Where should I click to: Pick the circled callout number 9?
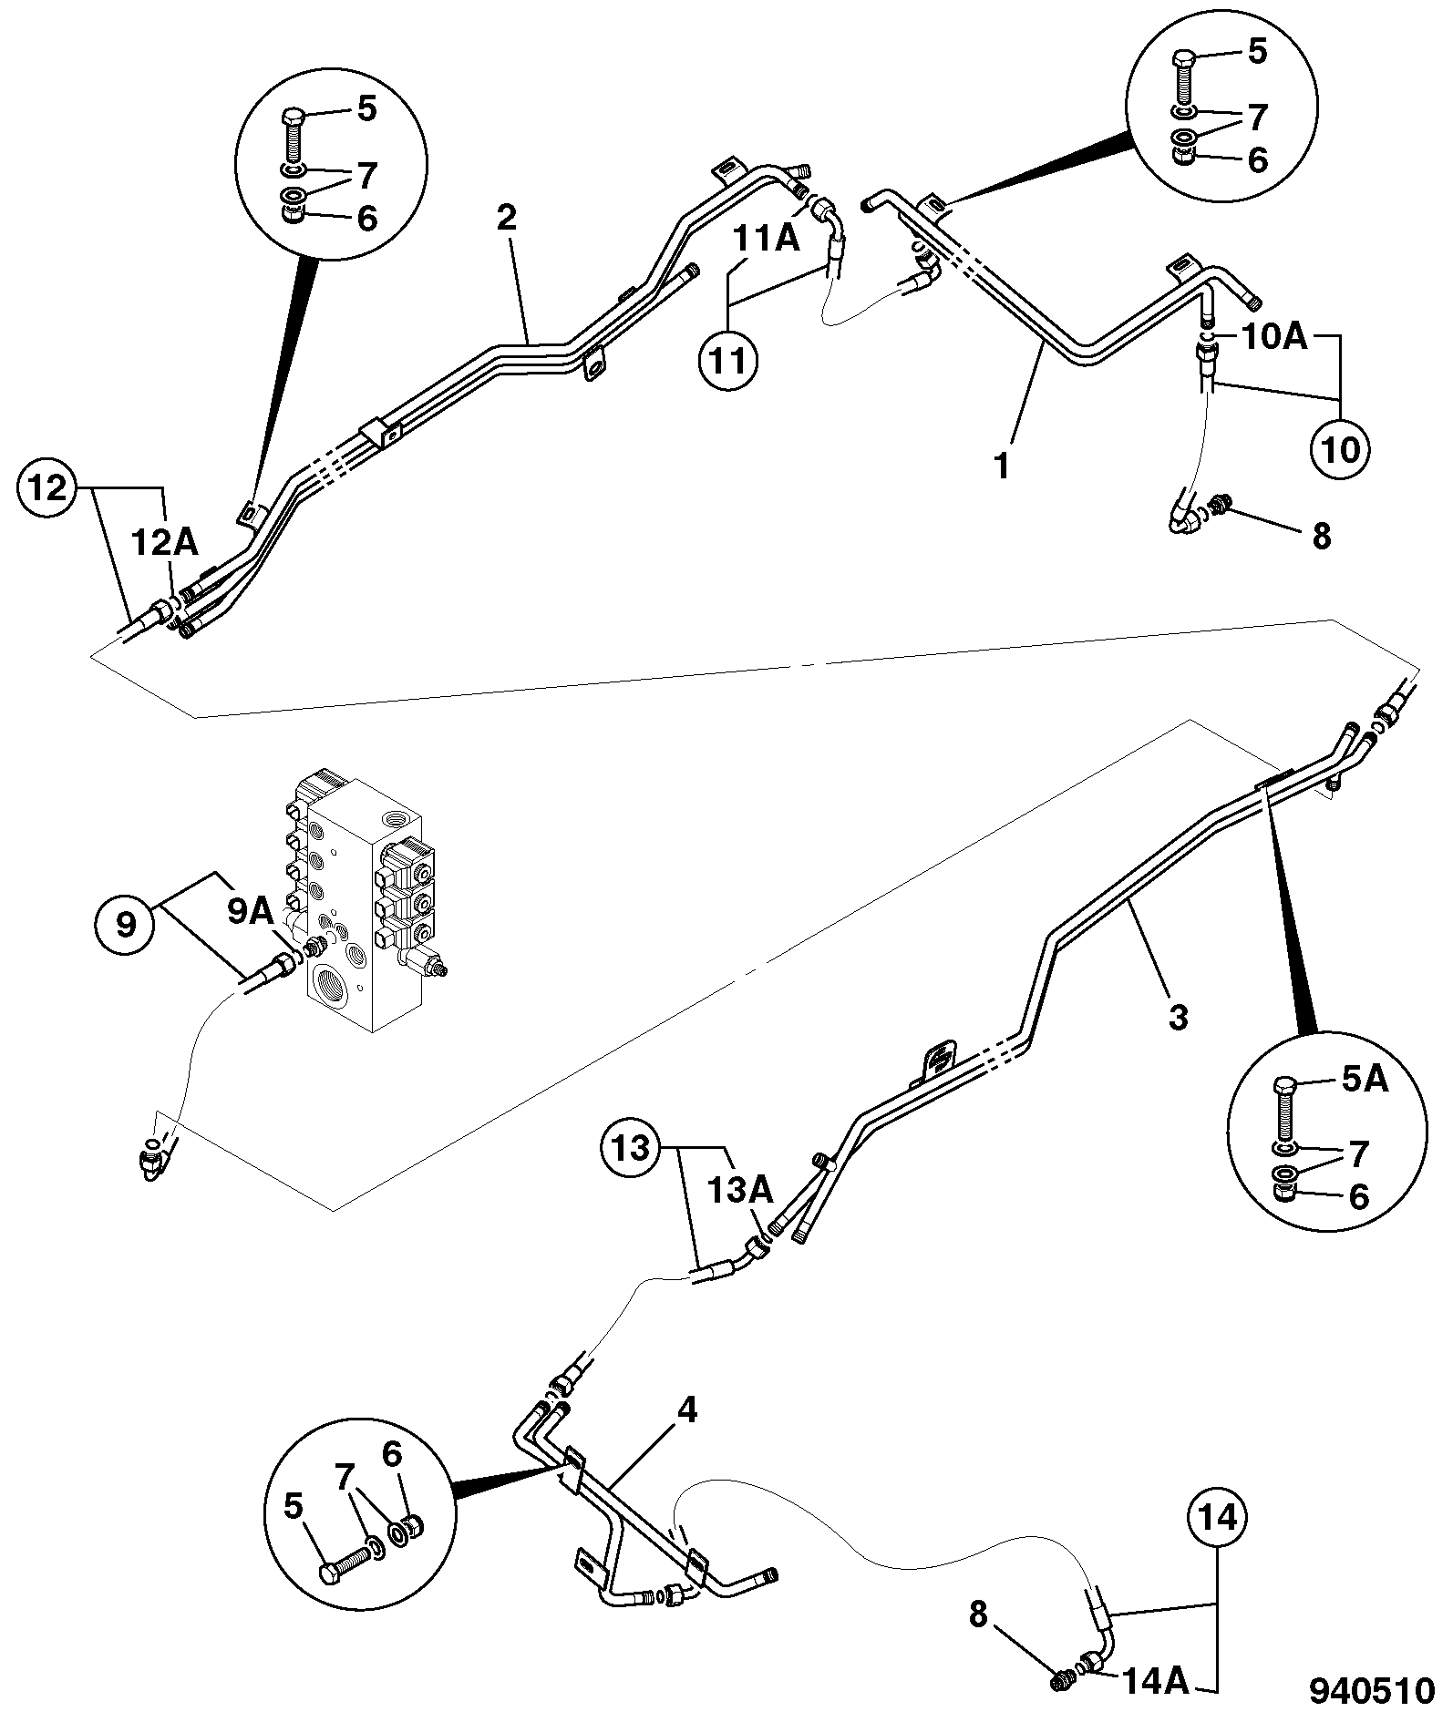click(125, 924)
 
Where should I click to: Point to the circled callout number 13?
click(630, 1148)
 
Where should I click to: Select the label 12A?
click(164, 543)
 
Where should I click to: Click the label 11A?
click(767, 239)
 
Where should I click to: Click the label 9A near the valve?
click(250, 912)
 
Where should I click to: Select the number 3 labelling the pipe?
click(1179, 1017)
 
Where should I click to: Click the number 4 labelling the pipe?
click(686, 1411)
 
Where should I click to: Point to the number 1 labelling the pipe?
click(1002, 466)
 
